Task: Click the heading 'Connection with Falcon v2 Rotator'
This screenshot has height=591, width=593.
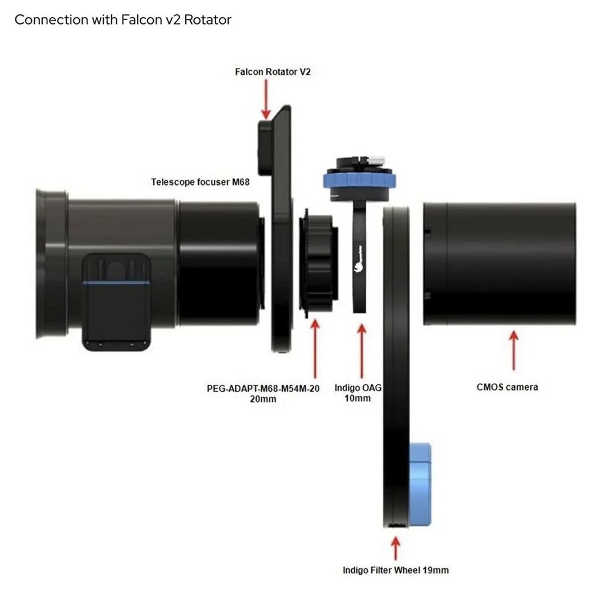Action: point(123,19)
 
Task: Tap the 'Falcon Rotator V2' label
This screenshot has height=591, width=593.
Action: point(273,72)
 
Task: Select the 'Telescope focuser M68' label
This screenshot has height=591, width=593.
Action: point(200,182)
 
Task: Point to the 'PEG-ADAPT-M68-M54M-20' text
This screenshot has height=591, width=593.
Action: point(263,388)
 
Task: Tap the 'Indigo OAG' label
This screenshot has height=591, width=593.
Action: point(358,388)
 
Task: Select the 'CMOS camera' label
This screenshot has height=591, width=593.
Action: point(507,387)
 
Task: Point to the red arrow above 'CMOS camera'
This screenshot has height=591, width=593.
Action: point(514,350)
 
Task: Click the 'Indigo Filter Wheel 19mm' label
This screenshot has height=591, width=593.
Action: point(395,570)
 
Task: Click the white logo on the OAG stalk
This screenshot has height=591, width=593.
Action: point(359,266)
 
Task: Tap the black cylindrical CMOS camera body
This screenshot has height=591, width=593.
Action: point(499,263)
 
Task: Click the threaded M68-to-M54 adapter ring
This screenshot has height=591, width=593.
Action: point(319,263)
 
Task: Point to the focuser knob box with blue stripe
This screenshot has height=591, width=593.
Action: point(116,301)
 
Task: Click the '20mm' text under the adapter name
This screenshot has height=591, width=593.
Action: point(263,399)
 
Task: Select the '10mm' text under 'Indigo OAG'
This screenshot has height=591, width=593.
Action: point(358,398)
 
